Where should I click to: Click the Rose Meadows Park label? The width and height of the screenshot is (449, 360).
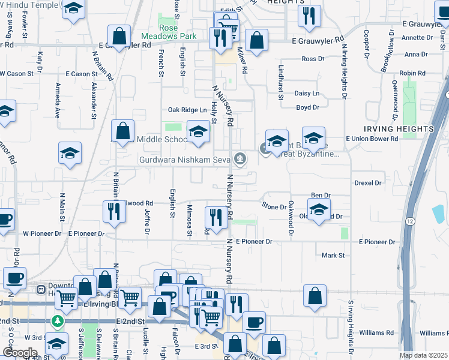178,32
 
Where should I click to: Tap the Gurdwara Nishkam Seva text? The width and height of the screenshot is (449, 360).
185,160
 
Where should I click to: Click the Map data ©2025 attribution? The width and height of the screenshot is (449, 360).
424,355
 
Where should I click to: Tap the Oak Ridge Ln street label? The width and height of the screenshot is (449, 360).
187,109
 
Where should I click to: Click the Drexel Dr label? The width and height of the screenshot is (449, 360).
367,182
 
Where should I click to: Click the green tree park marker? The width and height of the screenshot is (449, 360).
58,322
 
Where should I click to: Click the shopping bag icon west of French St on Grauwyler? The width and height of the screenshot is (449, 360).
119,37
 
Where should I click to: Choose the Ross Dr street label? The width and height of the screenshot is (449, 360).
313,59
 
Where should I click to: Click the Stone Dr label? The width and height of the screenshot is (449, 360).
274,206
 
